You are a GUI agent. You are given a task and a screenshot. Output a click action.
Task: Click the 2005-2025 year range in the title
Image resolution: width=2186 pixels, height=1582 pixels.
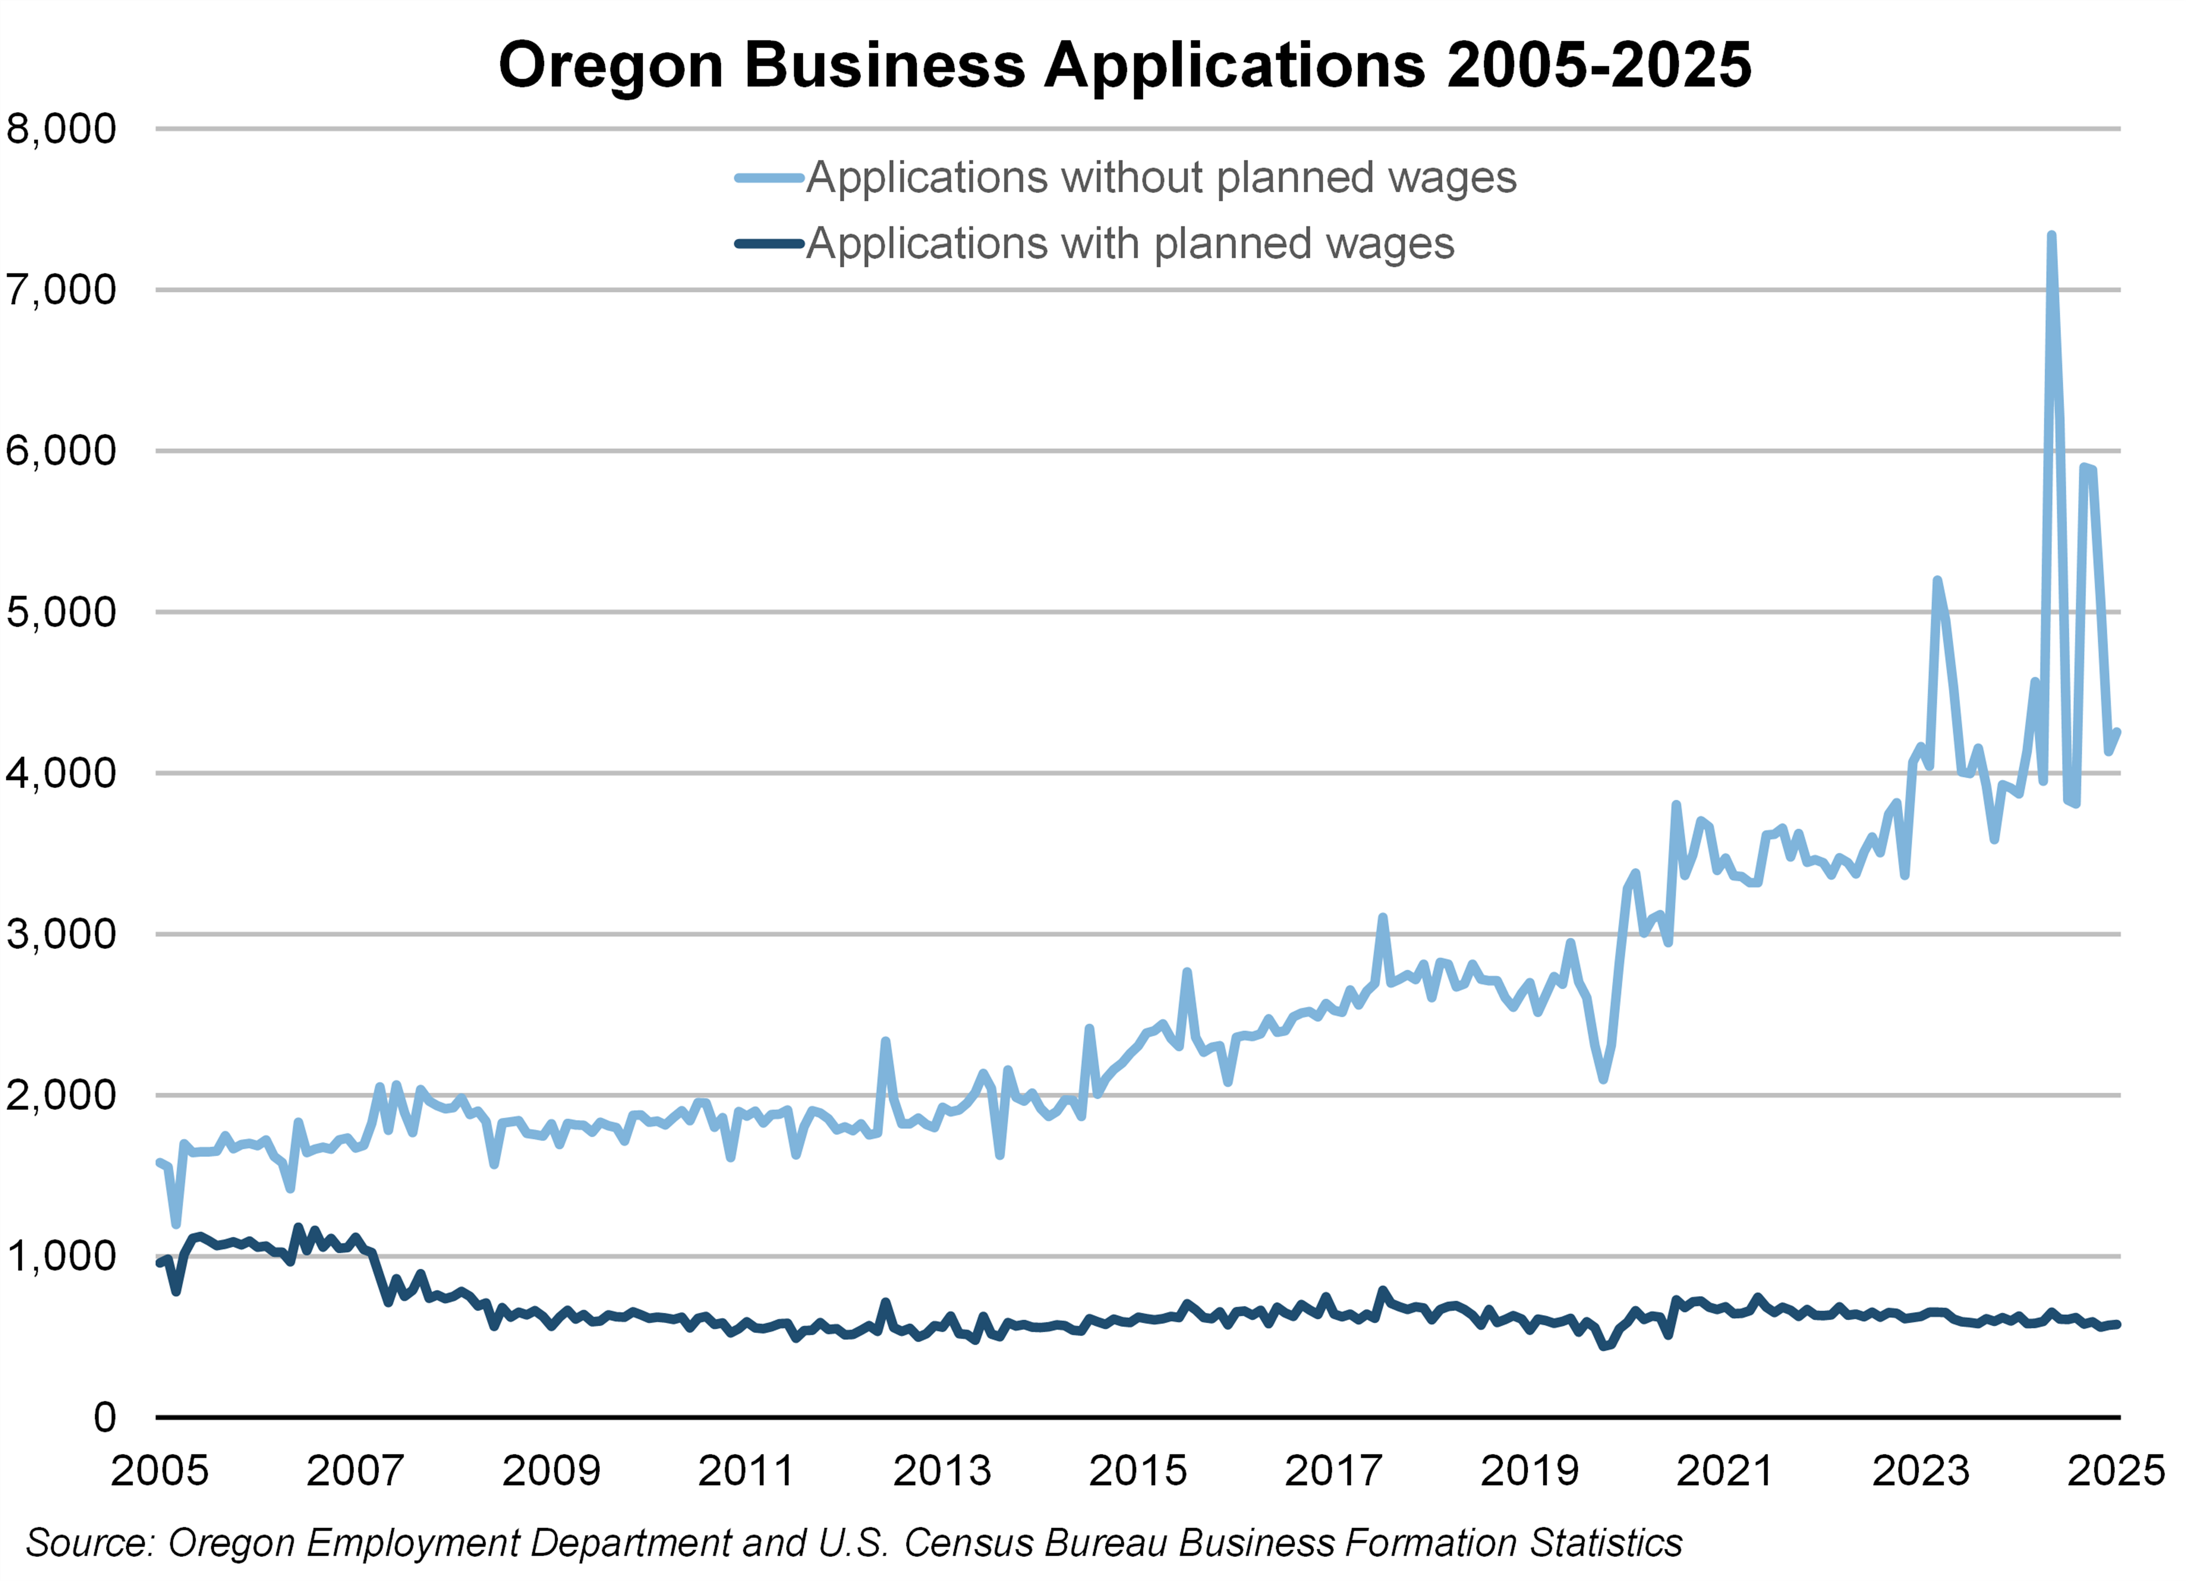pos(1599,65)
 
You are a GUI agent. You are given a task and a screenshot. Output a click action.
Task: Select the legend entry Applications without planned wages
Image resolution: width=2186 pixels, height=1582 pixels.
pos(1161,177)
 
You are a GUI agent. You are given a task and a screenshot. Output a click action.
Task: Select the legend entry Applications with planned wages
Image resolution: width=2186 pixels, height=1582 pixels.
pos(1130,244)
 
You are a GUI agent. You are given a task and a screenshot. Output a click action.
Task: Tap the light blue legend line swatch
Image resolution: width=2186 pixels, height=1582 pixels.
pos(769,177)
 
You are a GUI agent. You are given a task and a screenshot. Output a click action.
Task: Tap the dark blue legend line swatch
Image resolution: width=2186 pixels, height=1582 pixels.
pos(769,244)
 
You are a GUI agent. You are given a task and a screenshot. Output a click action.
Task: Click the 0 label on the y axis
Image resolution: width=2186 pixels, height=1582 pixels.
pos(104,1417)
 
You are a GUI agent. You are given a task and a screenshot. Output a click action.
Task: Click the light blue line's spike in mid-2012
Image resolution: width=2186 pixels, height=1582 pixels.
pos(885,1041)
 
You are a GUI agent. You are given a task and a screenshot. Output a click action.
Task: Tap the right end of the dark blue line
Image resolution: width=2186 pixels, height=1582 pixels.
pos(2117,1324)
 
